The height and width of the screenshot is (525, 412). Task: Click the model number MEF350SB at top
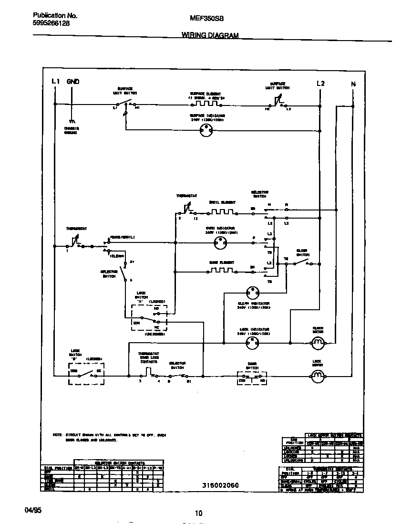pyautogui.click(x=207, y=19)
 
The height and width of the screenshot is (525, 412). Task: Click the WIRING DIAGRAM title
pyautogui.click(x=210, y=35)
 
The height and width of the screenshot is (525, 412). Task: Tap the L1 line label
pyautogui.click(x=55, y=82)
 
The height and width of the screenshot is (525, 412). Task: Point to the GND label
pyautogui.click(x=73, y=82)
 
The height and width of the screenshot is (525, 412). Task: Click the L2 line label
pyautogui.click(x=320, y=84)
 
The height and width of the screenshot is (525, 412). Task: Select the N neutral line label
pyautogui.click(x=353, y=84)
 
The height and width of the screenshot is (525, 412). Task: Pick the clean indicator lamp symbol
pyautogui.click(x=253, y=293)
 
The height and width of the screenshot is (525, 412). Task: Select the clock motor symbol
pyautogui.click(x=318, y=342)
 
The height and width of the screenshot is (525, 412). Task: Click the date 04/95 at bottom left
pyautogui.click(x=33, y=510)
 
